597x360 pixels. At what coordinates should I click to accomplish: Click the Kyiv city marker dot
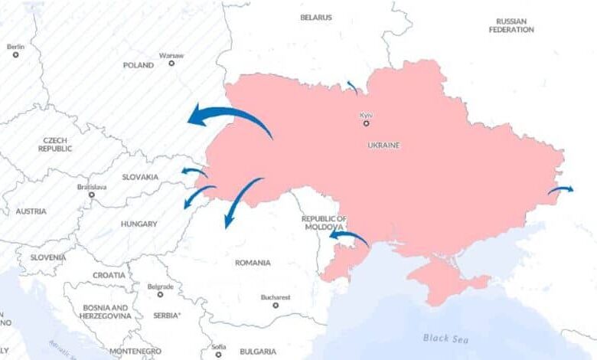[366, 123]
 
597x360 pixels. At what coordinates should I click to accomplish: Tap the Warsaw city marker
[171, 63]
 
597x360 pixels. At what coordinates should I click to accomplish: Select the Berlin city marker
[15, 54]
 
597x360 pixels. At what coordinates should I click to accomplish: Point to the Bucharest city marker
[276, 305]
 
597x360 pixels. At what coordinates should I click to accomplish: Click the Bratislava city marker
[92, 195]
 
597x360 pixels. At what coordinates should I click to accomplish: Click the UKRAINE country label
[383, 146]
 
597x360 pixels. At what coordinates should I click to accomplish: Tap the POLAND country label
[139, 65]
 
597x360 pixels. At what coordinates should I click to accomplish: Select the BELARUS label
[316, 17]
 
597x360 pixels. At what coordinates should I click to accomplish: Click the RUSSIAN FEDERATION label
[512, 25]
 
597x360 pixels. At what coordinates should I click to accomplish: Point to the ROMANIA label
[253, 263]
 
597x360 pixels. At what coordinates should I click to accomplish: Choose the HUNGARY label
[139, 224]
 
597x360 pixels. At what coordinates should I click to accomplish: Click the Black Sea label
[442, 337]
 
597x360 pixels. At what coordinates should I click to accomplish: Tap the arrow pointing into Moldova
[348, 237]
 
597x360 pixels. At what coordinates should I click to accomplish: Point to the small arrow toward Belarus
[351, 87]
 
